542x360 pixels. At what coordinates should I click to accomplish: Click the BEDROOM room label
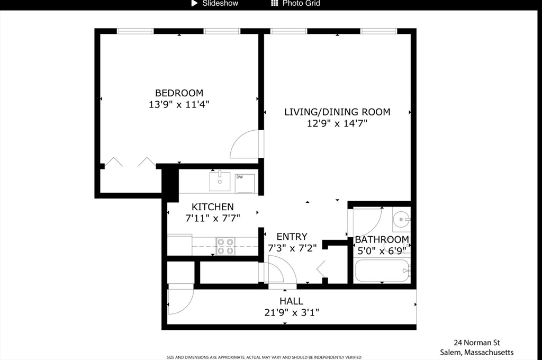tap(179, 93)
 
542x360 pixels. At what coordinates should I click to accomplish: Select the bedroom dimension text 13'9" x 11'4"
tap(179, 104)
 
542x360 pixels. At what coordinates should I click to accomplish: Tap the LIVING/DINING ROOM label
tap(337, 112)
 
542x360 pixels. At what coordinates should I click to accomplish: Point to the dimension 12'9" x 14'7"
tap(337, 123)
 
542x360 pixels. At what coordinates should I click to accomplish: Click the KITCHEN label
tap(212, 207)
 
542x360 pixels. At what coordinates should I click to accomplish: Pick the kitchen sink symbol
tap(218, 181)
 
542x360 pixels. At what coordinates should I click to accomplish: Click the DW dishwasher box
tap(245, 183)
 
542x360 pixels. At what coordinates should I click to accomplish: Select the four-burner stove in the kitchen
tap(225, 246)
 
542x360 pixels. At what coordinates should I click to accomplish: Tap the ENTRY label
tap(292, 237)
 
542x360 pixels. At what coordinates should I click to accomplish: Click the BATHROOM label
tap(382, 239)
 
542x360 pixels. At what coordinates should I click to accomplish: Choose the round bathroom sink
tap(402, 219)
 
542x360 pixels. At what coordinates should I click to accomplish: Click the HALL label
tap(291, 301)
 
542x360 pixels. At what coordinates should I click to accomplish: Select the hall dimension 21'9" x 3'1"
tap(291, 312)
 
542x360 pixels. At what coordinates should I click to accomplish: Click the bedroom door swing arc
tap(245, 145)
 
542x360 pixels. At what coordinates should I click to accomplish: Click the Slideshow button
tap(214, 4)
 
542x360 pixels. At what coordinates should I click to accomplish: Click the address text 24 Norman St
tap(476, 342)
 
